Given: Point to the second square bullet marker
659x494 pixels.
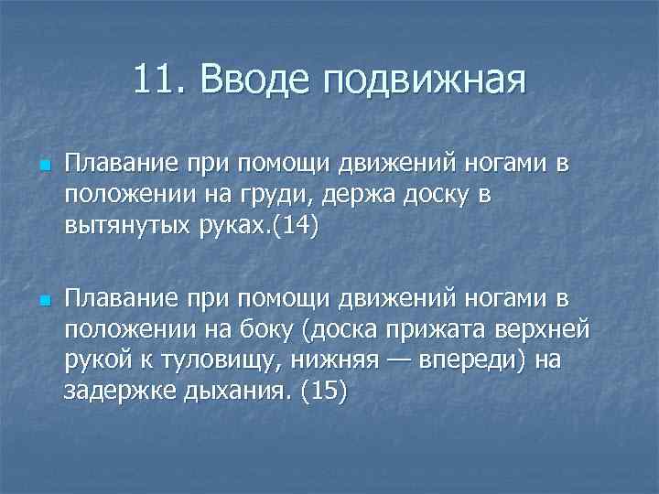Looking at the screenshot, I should pos(43,302).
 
